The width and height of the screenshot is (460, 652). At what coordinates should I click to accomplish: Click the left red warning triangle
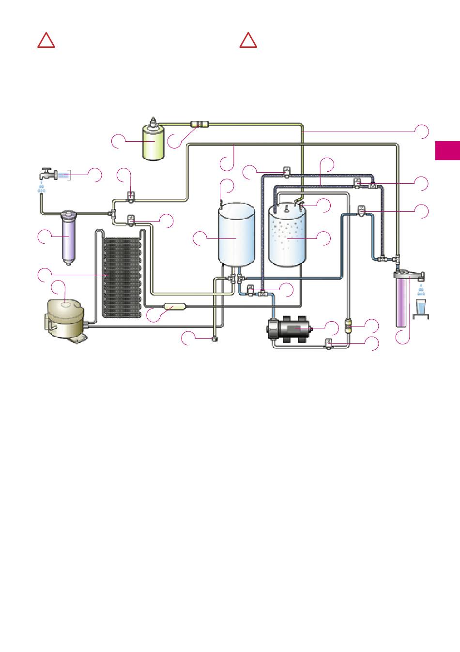(x=46, y=41)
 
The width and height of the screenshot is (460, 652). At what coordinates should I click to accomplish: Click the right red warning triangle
(x=248, y=41)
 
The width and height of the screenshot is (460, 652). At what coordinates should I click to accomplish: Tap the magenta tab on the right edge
(x=448, y=150)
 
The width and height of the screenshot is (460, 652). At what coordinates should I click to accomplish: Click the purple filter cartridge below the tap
(x=68, y=237)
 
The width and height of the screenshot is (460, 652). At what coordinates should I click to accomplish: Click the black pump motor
(x=289, y=329)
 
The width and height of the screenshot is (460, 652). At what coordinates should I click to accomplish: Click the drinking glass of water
(x=421, y=308)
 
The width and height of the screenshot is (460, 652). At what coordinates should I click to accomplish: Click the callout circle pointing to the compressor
(x=58, y=286)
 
